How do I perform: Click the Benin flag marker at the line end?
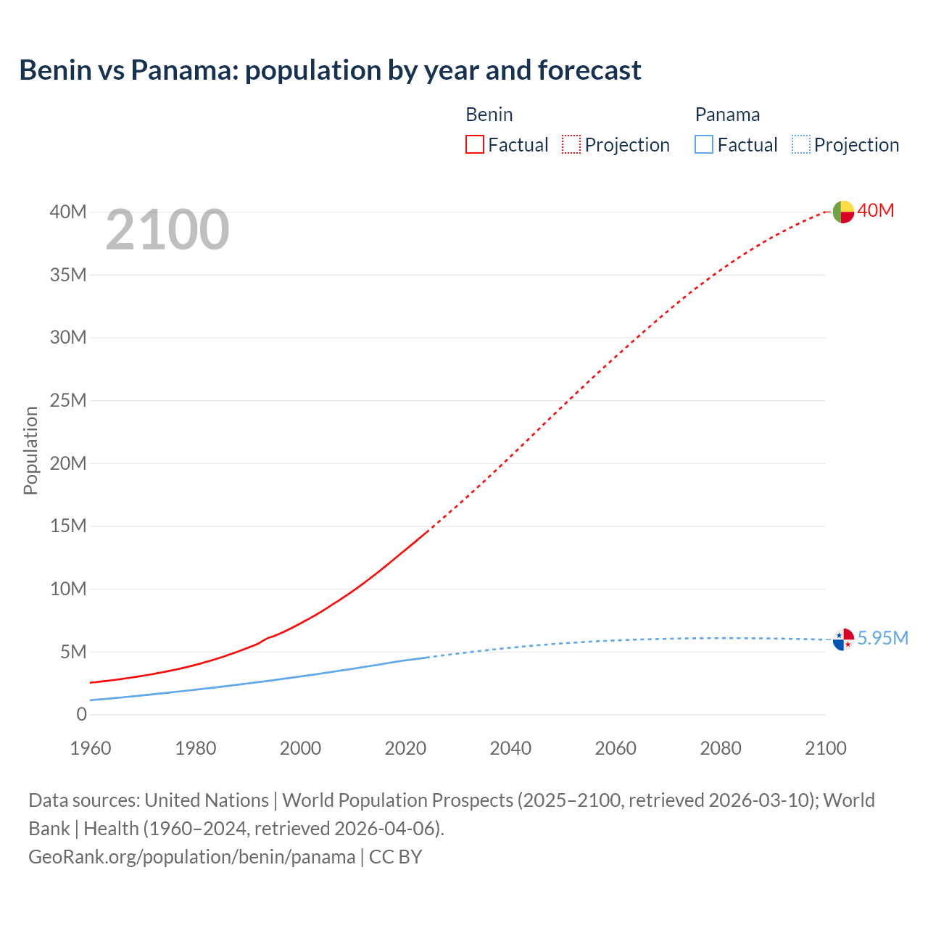[x=843, y=212]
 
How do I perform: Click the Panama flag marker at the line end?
[x=843, y=639]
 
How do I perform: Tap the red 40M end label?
[x=876, y=211]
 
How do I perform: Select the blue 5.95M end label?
[x=882, y=638]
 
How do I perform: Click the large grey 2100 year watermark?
[x=167, y=230]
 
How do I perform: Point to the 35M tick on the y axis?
[x=68, y=275]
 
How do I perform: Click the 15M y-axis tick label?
[x=68, y=526]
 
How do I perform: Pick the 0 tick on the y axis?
[x=81, y=714]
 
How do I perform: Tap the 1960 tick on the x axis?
[x=91, y=748]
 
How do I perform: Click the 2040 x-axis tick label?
[x=510, y=748]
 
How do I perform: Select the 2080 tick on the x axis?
[x=721, y=748]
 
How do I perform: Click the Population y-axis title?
[x=30, y=450]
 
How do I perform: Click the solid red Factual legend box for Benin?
[x=475, y=144]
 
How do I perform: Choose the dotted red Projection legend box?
[x=571, y=144]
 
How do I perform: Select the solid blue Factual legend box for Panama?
[x=704, y=144]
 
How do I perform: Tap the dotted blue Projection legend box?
[x=800, y=144]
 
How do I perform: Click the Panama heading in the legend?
[x=727, y=115]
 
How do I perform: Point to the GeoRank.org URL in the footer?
[x=192, y=857]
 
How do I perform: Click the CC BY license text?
[x=396, y=857]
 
